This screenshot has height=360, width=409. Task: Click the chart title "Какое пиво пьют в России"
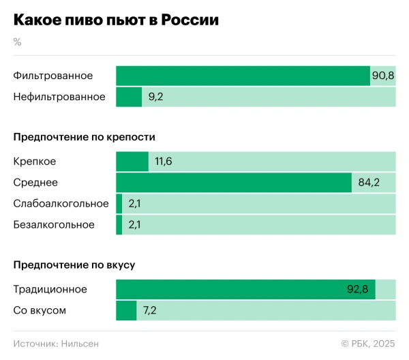point(116,20)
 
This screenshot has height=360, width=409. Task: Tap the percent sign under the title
point(17,42)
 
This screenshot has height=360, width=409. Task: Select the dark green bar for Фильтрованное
point(243,76)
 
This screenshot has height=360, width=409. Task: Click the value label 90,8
point(382,76)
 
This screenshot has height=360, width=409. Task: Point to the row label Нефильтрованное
point(59,97)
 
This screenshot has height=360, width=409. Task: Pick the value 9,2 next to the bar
point(155,97)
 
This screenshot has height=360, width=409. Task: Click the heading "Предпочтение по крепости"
point(84,137)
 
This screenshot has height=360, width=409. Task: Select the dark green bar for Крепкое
point(132,162)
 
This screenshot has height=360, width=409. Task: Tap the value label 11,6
point(164,162)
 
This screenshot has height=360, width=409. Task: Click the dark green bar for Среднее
point(234,183)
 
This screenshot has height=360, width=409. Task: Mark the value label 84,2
point(368,183)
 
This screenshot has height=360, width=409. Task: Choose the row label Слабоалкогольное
point(61,204)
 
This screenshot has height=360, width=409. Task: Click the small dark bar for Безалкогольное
point(119,225)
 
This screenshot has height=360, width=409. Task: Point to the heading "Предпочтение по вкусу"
point(78,265)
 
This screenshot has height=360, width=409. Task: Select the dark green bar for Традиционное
point(232,289)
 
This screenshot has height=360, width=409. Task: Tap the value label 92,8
point(357,289)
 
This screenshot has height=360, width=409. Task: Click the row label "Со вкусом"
point(40,310)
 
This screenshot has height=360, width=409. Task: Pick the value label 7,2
point(150,310)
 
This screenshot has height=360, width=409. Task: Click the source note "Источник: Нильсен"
point(56,344)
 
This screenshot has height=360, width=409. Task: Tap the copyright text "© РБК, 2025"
point(367,344)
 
